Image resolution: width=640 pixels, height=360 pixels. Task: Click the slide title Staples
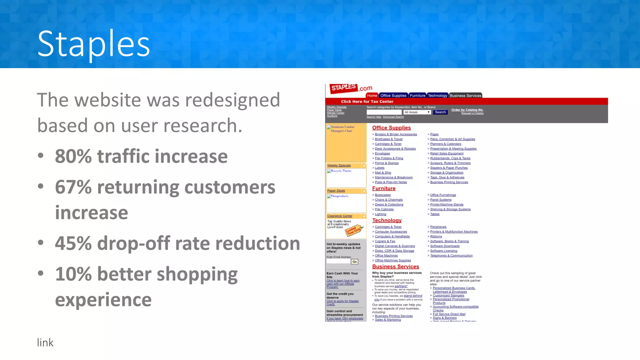pos(93,44)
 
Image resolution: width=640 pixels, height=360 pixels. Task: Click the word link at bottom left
pos(45,343)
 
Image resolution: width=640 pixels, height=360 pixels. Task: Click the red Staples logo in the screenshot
pos(344,88)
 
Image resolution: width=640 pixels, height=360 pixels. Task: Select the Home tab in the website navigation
pos(372,96)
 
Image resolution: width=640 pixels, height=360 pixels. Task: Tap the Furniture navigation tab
pos(417,96)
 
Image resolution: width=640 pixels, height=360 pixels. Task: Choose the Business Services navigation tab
pos(465,96)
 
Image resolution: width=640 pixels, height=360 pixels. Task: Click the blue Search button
pos(440,112)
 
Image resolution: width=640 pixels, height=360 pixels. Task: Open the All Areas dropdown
pos(417,112)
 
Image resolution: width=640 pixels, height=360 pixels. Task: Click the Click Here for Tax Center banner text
pos(367,102)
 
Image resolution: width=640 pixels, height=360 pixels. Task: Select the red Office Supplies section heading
pos(391,128)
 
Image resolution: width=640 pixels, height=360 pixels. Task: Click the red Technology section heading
pos(387,220)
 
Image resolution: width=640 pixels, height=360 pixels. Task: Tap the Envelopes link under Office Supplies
pos(382,154)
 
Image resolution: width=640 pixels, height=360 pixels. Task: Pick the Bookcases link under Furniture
pos(382,195)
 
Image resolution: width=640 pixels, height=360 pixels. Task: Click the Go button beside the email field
pos(354,262)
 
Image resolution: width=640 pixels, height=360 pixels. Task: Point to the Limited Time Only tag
pos(353,231)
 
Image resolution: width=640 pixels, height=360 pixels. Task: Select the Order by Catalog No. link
pos(467,110)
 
